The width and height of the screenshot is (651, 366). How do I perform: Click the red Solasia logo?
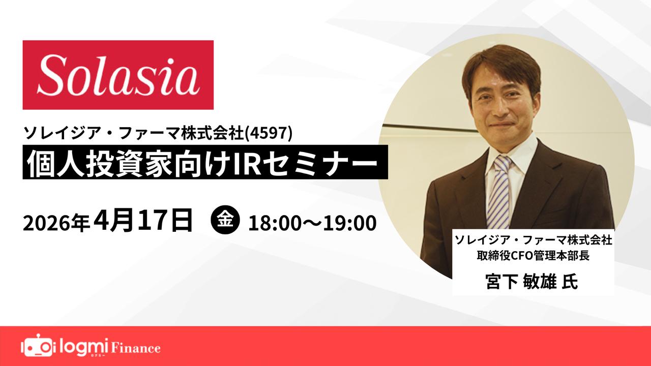118,75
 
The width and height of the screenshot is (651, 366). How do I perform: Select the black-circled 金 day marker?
225,220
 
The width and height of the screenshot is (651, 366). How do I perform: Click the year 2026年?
56,224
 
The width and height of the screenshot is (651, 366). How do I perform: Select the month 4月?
113,220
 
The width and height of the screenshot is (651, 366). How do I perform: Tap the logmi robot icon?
37,346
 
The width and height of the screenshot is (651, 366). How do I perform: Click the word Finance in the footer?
135,348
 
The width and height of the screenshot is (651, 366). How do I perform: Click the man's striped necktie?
499,192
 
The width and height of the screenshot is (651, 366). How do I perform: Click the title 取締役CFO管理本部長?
533,256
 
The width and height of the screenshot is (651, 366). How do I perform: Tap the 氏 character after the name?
570,281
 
